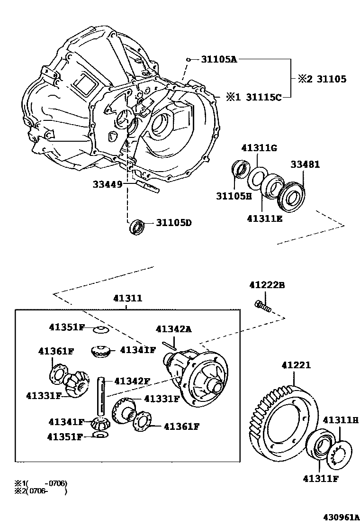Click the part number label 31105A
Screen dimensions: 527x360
(x=218, y=59)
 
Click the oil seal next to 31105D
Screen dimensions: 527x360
(x=136, y=226)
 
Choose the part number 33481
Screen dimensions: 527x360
(x=305, y=165)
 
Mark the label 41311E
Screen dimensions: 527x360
(x=264, y=218)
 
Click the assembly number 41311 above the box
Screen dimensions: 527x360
(x=127, y=299)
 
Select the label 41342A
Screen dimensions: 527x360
(x=174, y=329)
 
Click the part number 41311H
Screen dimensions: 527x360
(x=341, y=420)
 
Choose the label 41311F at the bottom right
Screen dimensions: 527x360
(x=321, y=478)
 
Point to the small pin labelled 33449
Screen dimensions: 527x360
(x=148, y=186)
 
